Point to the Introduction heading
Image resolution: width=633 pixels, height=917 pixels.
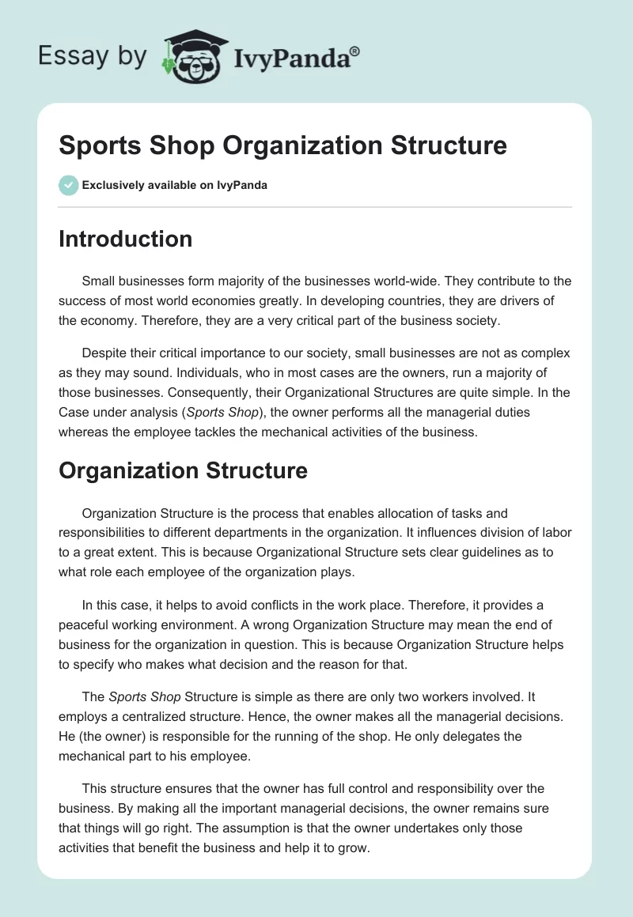[x=125, y=239]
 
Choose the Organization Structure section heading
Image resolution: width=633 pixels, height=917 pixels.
[x=183, y=470]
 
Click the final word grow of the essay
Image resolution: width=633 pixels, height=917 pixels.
[x=354, y=846]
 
